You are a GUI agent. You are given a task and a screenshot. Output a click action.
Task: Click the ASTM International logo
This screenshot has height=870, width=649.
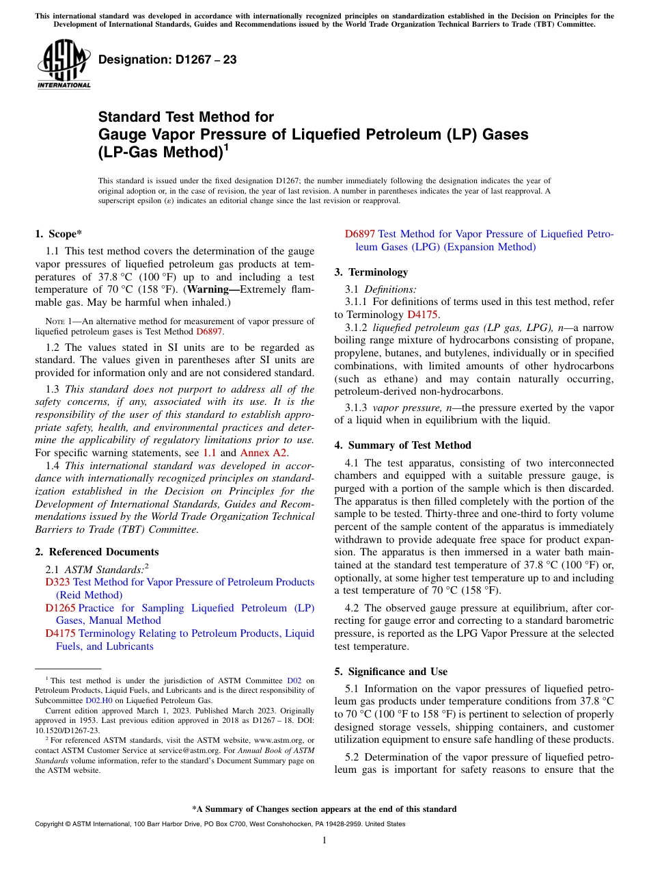(x=63, y=65)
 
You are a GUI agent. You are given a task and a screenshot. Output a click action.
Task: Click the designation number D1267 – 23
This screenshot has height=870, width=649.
(x=167, y=60)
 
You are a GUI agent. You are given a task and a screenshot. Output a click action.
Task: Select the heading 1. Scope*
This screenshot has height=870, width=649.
(x=58, y=234)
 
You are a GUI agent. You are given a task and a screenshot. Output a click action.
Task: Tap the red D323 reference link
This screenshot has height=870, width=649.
(x=57, y=582)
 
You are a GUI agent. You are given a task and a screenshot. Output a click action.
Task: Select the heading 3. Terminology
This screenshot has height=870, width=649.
(x=371, y=272)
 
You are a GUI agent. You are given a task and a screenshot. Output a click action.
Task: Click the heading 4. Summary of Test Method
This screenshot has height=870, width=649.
(x=402, y=445)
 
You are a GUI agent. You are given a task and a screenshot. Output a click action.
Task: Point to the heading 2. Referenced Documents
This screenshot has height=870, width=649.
(x=96, y=552)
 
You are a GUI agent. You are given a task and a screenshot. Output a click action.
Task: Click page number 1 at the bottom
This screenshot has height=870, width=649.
(x=324, y=841)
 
